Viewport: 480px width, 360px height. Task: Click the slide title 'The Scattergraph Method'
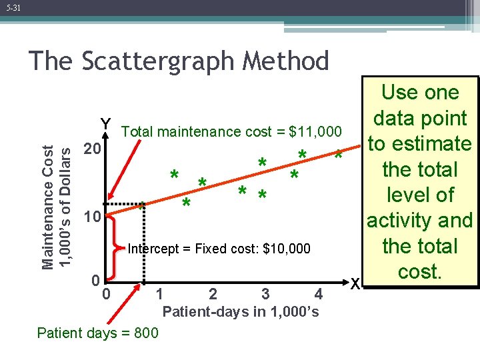pos(179,61)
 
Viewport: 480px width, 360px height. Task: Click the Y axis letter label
pos(105,124)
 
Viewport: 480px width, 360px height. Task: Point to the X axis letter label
pos(356,284)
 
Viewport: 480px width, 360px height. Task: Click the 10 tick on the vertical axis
pos(90,218)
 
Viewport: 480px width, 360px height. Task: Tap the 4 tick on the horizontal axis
pos(319,293)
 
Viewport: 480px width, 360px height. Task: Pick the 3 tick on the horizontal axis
pos(265,293)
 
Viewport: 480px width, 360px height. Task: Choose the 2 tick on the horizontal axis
pos(212,293)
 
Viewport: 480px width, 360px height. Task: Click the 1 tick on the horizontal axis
pos(159,293)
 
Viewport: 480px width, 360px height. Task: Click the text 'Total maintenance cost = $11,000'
pos(232,132)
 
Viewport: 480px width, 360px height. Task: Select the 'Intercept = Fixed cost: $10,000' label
pos(219,249)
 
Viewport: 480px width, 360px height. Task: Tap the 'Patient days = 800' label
pos(98,333)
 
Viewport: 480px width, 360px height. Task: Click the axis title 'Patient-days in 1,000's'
pos(241,311)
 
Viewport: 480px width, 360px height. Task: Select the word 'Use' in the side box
pos(396,93)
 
